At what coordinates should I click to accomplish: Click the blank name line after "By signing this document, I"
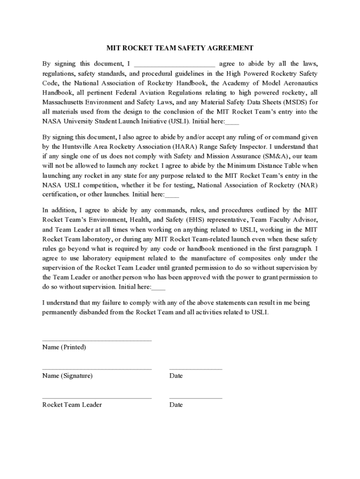pyautogui.click(x=174, y=65)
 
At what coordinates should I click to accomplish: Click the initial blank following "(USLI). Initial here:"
pyautogui.click(x=232, y=122)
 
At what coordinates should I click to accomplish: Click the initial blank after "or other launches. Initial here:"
pyautogui.click(x=172, y=195)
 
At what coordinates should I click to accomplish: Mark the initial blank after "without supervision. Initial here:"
pyautogui.click(x=159, y=287)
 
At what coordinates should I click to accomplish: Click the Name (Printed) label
pyautogui.click(x=64, y=347)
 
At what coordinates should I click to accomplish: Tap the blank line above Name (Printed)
pyautogui.click(x=97, y=341)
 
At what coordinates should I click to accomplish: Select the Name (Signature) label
pyautogui.click(x=67, y=376)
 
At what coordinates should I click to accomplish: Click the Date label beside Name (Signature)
pyautogui.click(x=176, y=376)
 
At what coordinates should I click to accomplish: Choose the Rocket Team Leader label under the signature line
pyautogui.click(x=72, y=405)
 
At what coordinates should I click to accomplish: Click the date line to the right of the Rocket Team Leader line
pyautogui.click(x=195, y=398)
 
